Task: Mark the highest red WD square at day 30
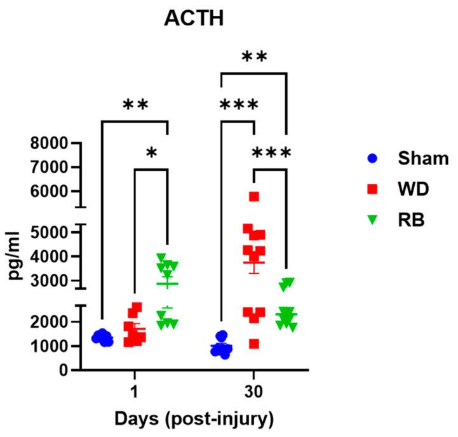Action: point(254,197)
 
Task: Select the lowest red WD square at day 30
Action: point(254,344)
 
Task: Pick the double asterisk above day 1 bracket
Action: point(135,105)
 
